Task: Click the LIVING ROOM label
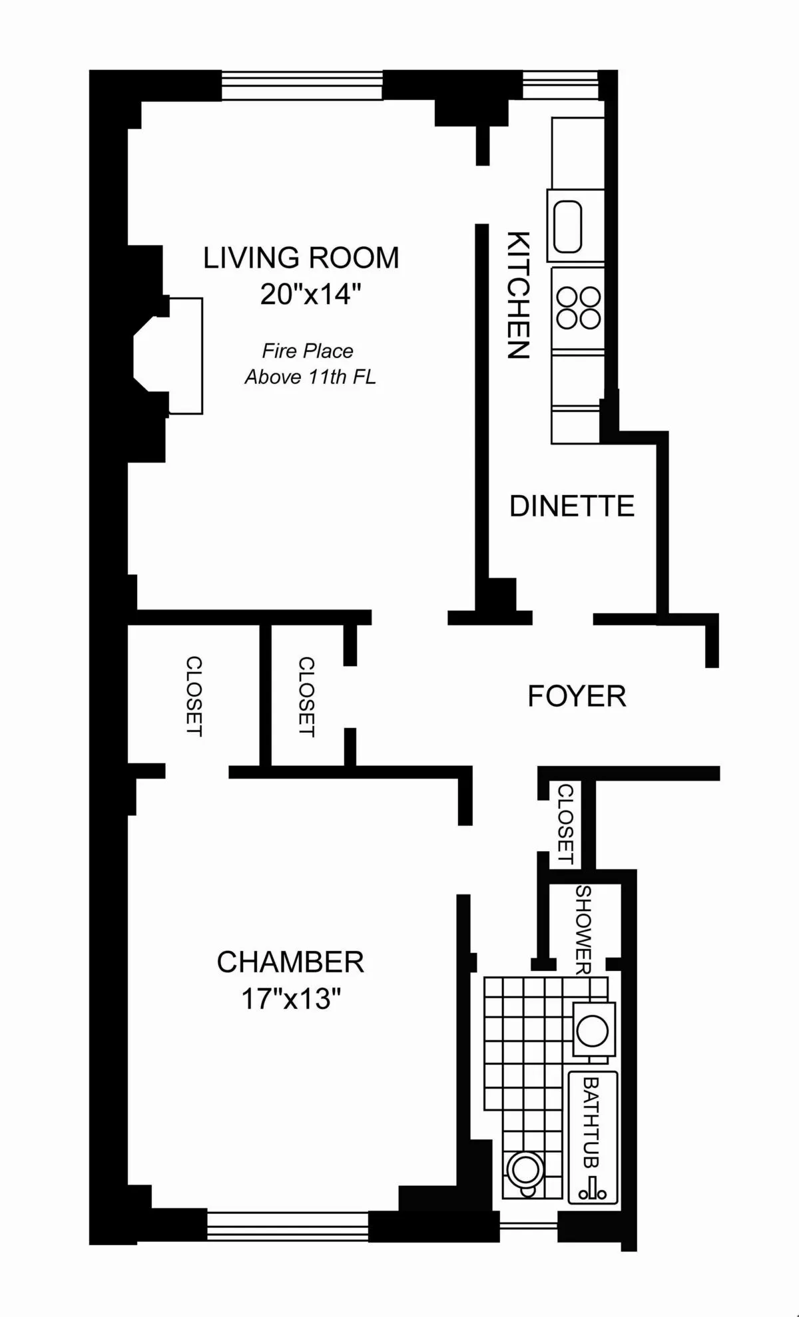tap(301, 258)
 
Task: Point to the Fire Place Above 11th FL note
tap(310, 364)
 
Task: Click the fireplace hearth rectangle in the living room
tap(186, 356)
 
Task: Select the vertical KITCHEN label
tap(518, 295)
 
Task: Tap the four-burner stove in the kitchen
tap(578, 307)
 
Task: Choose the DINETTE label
tap(571, 506)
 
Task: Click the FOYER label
tap(577, 697)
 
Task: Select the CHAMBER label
tap(290, 962)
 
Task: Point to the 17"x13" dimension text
tap(291, 998)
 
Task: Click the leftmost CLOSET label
tap(194, 696)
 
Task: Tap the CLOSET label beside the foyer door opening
tap(306, 697)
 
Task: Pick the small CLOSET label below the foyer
tap(565, 824)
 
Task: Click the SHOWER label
tap(583, 930)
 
